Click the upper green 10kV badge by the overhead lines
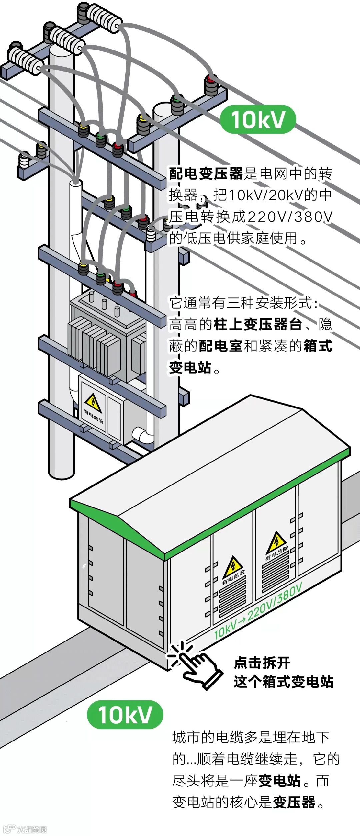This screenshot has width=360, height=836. click(258, 120)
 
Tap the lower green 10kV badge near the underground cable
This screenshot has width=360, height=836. click(125, 714)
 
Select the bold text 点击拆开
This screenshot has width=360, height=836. click(262, 662)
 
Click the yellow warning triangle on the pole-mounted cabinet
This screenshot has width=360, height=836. click(93, 402)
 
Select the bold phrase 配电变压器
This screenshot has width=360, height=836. click(206, 174)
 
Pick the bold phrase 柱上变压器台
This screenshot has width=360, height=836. click(258, 324)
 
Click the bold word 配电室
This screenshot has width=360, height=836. click(220, 346)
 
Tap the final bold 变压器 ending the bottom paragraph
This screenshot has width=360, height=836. click(294, 802)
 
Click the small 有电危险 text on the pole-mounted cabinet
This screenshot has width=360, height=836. click(94, 417)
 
